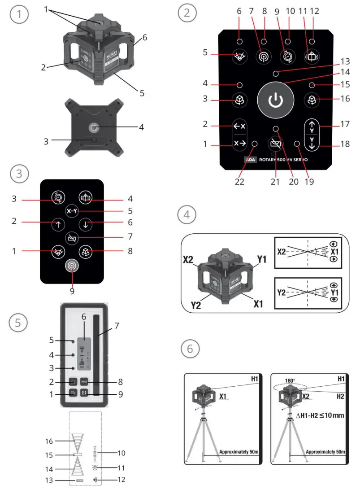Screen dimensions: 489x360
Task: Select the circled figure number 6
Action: (190, 349)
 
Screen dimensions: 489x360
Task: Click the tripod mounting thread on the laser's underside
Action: (94, 128)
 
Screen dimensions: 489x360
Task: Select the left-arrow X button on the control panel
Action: (239, 127)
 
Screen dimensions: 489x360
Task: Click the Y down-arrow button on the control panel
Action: (311, 143)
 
